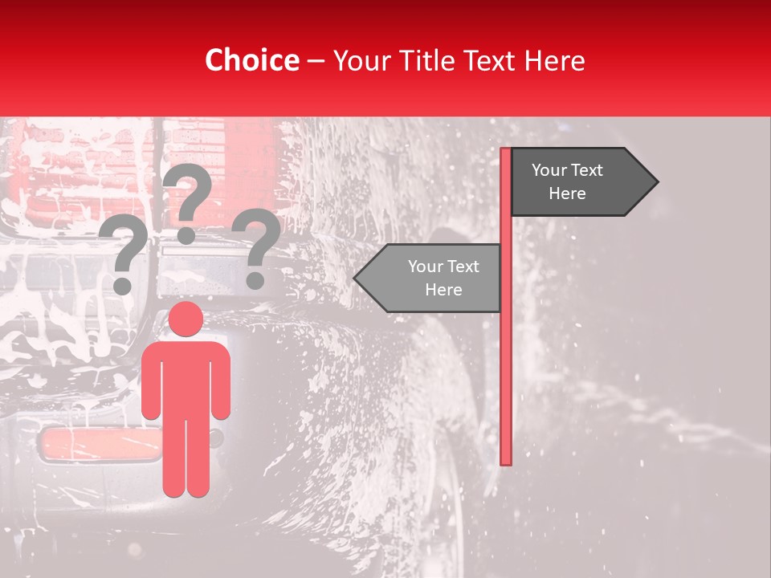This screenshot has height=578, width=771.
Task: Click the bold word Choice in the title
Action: point(251,60)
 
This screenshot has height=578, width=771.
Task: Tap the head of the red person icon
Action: point(186,319)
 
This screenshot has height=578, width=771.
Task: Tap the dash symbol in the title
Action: point(316,61)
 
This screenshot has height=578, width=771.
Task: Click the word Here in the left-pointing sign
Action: point(443,290)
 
